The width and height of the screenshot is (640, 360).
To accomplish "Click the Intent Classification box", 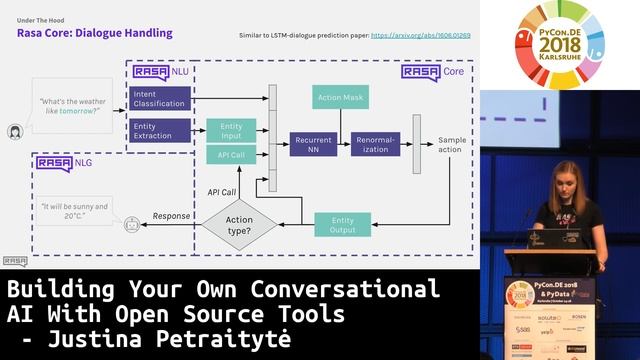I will pos(160,98).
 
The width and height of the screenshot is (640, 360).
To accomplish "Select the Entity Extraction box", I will pos(160,130).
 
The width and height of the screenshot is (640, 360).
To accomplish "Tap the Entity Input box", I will pos(231,131).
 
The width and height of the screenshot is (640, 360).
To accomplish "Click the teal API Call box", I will pos(231,155).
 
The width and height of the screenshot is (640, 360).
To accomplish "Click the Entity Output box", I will pos(343,225).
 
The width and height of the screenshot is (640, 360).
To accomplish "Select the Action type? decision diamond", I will pos(239,225).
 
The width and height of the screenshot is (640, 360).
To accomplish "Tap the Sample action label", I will pos(451,145).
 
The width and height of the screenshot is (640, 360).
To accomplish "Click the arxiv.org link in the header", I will pos(420,35).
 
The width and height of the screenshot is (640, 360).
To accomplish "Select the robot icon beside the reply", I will pos(130,227).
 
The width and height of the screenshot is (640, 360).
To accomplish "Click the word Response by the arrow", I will pos(171,215).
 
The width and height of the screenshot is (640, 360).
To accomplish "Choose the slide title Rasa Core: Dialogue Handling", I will pos(94,33).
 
